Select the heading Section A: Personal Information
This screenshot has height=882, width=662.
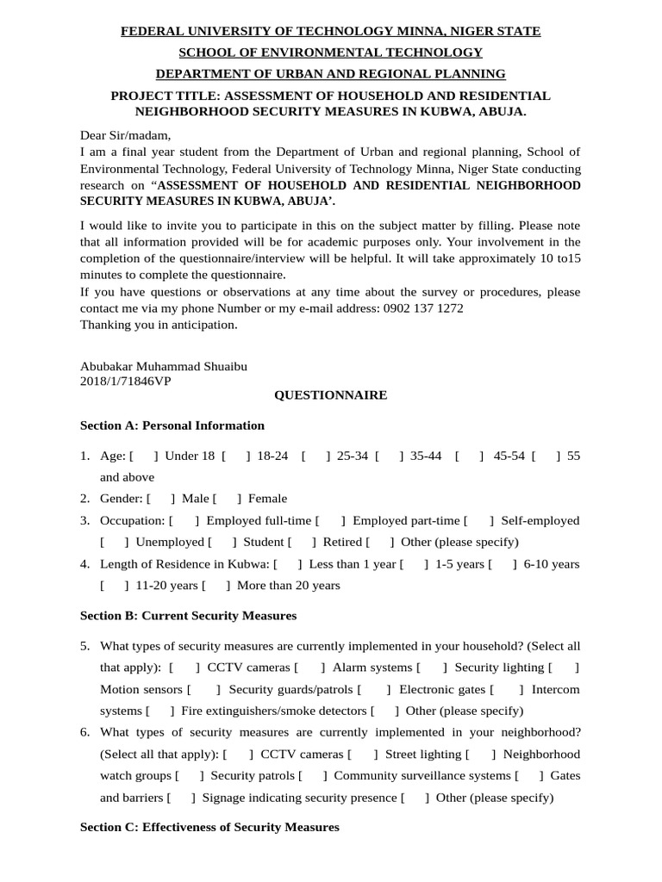[172, 425]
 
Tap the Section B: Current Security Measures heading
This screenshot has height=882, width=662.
[188, 616]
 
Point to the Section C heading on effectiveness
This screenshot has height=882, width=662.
[209, 827]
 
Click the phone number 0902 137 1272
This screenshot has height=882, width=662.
[423, 308]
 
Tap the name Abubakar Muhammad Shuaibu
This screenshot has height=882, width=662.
[163, 366]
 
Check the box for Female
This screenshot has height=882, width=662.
[227, 499]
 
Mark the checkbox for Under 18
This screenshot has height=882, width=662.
[143, 456]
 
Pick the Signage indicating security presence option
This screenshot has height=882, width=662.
[299, 798]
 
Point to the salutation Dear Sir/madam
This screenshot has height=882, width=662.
[125, 135]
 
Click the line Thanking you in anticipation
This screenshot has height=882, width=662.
[158, 325]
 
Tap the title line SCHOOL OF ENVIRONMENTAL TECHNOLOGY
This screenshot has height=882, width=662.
[330, 53]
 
